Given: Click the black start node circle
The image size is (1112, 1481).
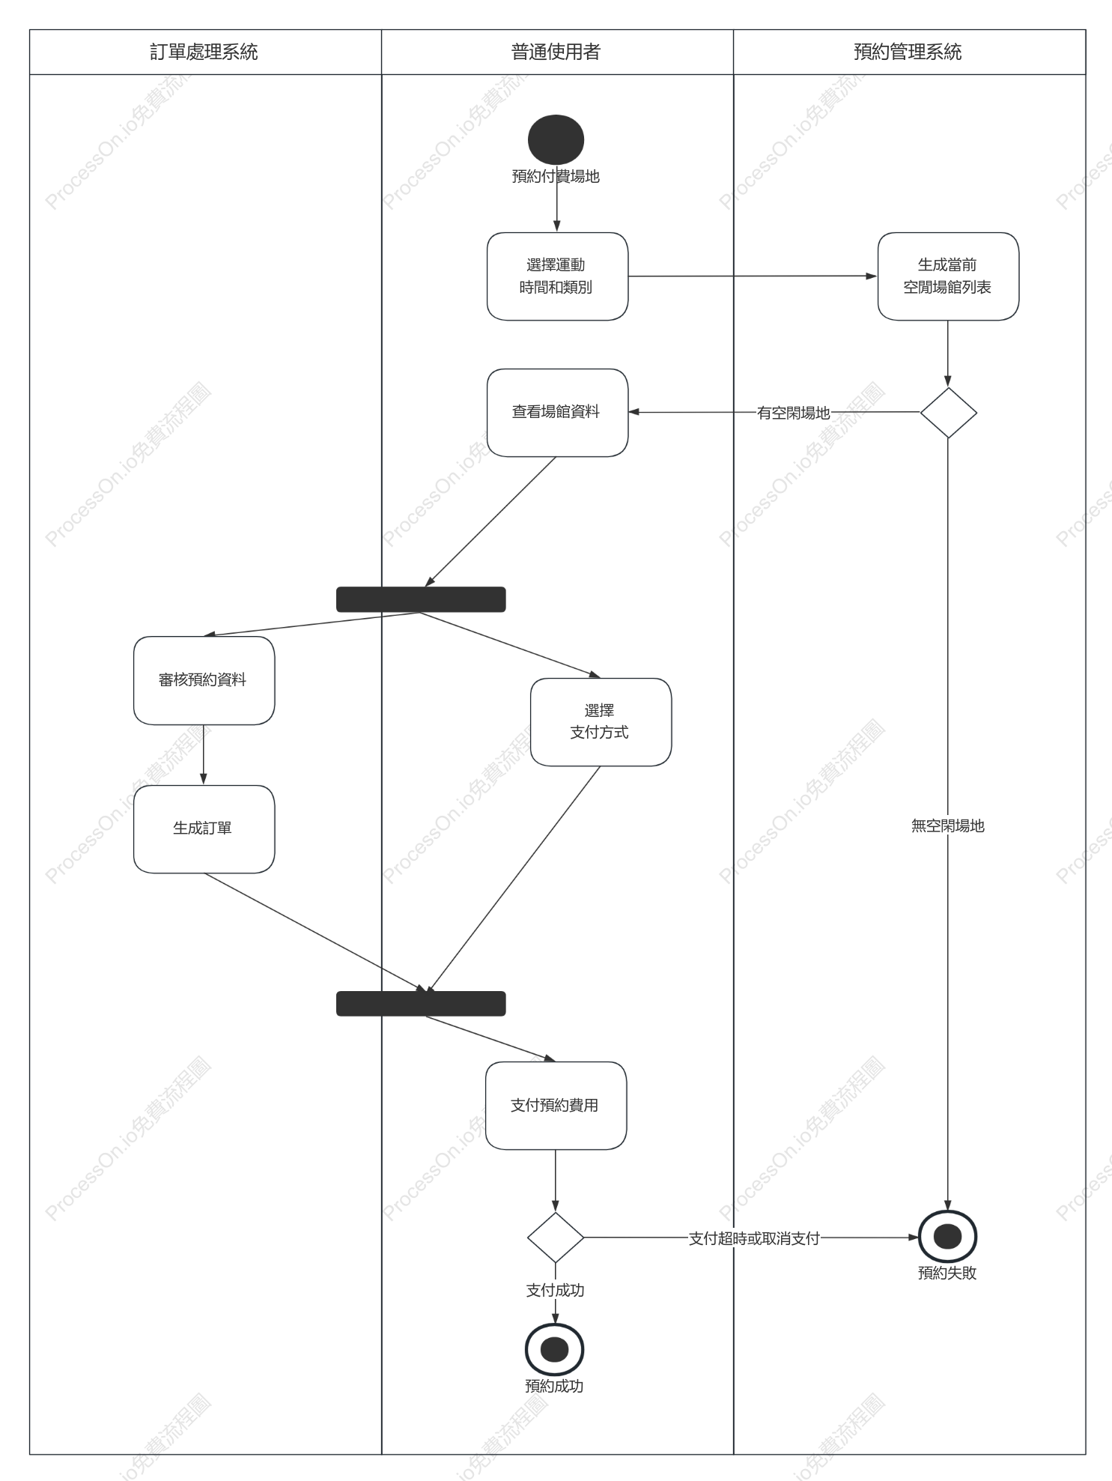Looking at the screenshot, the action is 556,139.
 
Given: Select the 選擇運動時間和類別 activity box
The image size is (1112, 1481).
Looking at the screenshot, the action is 557,276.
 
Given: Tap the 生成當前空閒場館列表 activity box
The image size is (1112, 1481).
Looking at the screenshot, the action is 948,276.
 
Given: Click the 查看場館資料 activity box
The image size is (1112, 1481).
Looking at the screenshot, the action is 557,413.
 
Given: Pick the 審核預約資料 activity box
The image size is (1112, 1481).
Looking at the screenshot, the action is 204,680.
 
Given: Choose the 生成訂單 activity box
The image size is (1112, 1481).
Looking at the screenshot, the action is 204,829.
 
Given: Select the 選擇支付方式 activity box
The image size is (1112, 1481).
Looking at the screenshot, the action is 601,722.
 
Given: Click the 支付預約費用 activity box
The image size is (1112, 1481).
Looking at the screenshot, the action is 556,1106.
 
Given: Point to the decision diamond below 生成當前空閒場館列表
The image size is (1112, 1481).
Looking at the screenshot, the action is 948,413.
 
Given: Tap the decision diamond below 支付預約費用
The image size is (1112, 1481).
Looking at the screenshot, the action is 556,1238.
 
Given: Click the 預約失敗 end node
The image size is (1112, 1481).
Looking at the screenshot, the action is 948,1237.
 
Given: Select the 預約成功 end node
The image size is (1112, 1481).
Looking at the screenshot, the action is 555,1350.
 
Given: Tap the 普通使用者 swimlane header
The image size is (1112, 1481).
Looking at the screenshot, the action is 557,52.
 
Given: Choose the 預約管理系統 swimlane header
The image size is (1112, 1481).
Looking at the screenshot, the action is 909,52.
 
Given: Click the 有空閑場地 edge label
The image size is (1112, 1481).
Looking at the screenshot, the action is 793,413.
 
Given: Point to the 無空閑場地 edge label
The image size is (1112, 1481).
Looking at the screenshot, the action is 947,826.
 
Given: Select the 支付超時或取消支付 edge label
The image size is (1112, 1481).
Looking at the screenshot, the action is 754,1238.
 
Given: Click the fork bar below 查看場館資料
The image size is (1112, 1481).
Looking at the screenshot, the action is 421,599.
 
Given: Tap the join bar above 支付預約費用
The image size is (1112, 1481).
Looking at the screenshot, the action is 421,1003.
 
